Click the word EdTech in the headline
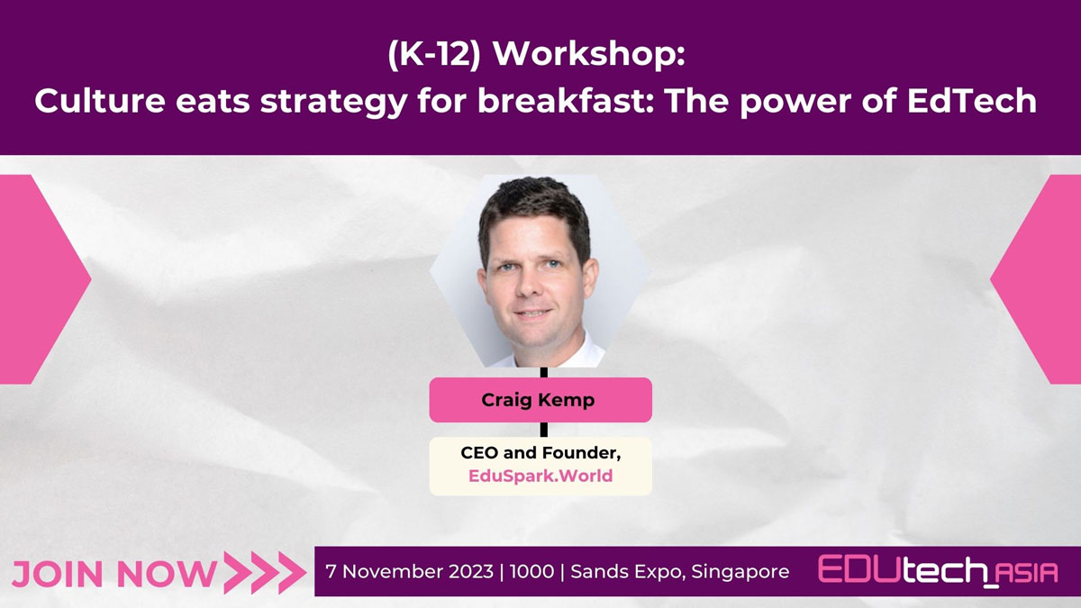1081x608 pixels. click(972, 100)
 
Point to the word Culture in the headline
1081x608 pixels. click(99, 100)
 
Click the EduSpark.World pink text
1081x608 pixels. click(540, 476)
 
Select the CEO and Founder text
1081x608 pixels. click(540, 452)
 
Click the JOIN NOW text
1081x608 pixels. click(114, 573)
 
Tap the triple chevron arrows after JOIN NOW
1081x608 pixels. click(265, 573)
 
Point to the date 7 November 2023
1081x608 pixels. click(410, 571)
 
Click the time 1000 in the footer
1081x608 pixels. click(531, 571)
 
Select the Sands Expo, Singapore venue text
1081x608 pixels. click(680, 572)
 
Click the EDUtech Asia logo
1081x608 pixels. click(938, 571)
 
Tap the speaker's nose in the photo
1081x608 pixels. click(530, 286)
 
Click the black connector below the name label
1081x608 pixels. click(544, 430)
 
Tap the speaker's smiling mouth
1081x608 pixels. click(532, 313)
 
